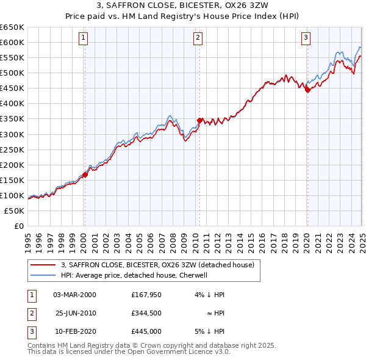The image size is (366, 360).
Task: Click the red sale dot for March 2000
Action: point(85,175)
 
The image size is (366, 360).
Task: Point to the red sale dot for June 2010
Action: point(199,120)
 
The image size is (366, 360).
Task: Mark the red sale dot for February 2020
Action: point(307,90)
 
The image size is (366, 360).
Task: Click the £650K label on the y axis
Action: point(12,27)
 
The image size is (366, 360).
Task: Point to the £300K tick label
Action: point(12,134)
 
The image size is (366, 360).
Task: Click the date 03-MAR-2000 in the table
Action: point(75,294)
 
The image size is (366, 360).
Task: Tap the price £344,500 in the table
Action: point(146,313)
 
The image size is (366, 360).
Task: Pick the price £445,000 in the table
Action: point(146,331)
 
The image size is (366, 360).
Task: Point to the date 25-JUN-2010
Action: point(75,313)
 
